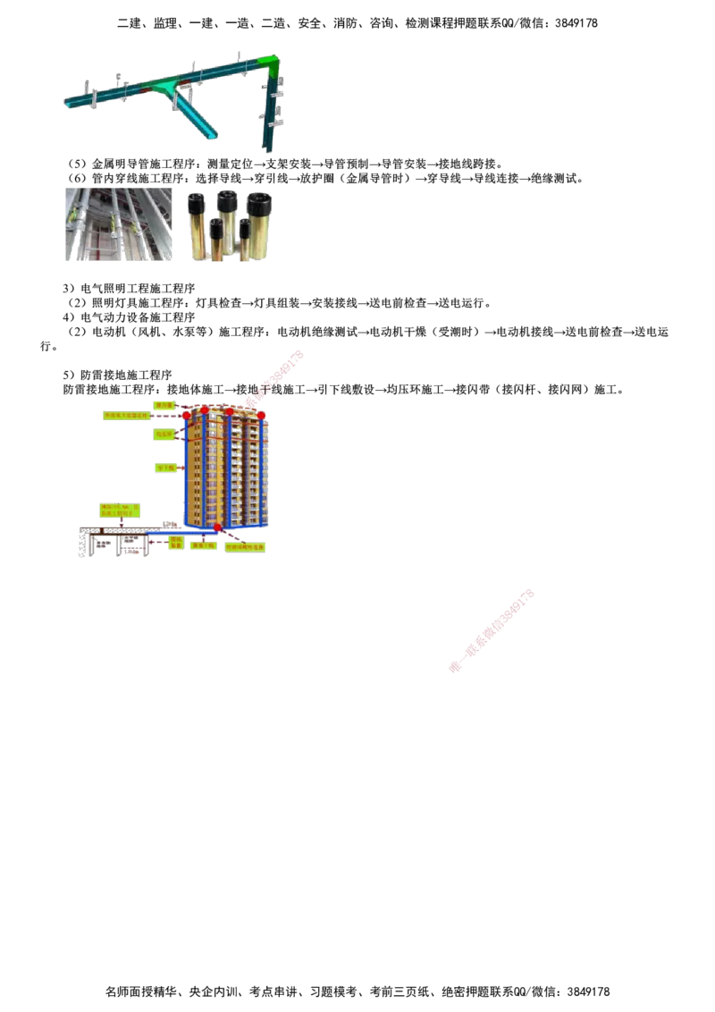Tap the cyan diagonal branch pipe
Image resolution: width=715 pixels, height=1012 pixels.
click(196, 119)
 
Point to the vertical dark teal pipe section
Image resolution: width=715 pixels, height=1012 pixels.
click(269, 116)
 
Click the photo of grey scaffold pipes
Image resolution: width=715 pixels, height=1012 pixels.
click(121, 224)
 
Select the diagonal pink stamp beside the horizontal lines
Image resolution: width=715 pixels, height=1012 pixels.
click(492, 629)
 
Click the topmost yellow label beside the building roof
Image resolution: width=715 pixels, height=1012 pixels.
click(164, 405)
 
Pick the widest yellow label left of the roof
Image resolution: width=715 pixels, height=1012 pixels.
click(134, 416)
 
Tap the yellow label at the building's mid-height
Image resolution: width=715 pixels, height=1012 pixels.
click(164, 468)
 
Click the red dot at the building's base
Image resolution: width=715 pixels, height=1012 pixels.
click(217, 527)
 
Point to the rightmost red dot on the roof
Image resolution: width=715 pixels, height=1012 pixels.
click(261, 415)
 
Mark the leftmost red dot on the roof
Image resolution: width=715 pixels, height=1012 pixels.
click(186, 415)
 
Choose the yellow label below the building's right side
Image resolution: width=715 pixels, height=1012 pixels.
click(247, 546)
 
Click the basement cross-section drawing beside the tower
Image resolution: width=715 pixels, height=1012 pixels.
click(114, 542)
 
